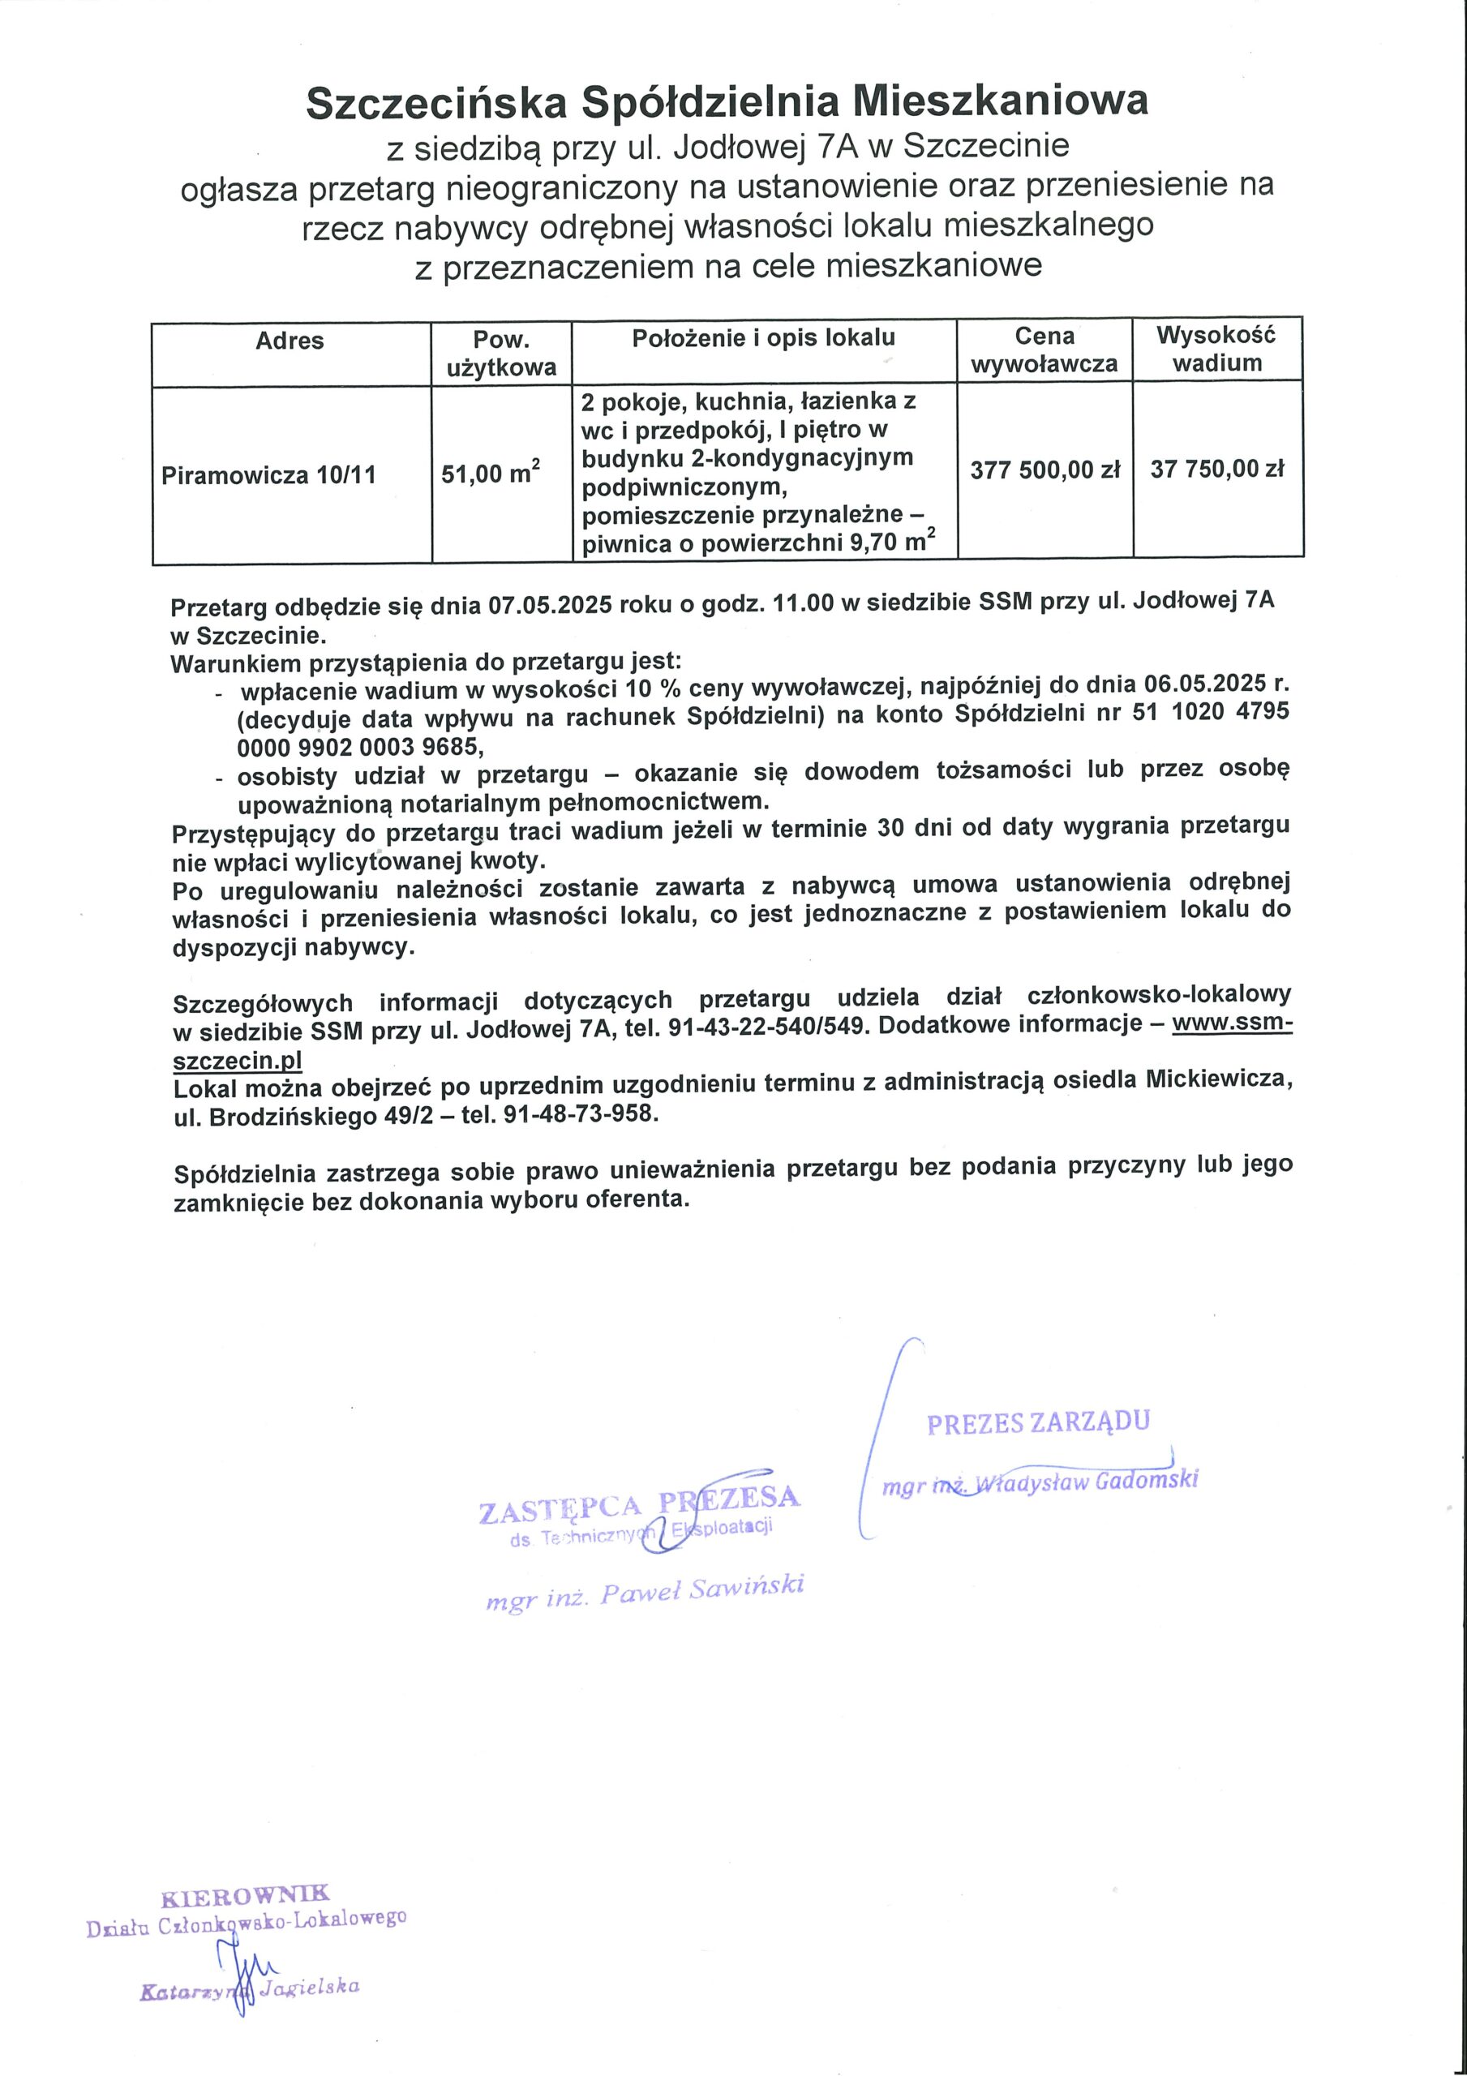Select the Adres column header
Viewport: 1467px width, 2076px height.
[290, 341]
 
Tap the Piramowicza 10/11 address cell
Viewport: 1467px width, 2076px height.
[268, 475]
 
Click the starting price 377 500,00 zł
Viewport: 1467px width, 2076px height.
[1044, 470]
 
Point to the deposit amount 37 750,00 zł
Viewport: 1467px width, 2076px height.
[1216, 470]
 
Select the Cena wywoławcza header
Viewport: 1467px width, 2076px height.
[1044, 350]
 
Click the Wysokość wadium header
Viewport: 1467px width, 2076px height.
[1216, 349]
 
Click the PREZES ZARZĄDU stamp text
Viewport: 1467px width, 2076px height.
[1038, 1422]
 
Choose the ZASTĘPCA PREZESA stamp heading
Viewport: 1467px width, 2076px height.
[638, 1503]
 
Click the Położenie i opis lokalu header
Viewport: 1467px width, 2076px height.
[763, 338]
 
